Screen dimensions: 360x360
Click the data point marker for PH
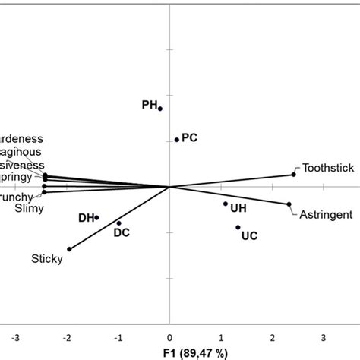click(160, 109)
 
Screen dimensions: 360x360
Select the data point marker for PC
click(177, 139)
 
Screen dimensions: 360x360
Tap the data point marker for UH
click(226, 204)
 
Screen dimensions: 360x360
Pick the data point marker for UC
click(238, 227)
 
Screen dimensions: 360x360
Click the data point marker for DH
click(96, 217)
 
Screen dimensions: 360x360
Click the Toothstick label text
click(327, 168)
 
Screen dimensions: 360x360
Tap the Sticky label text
click(46, 259)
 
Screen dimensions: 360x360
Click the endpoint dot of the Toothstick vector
click(294, 175)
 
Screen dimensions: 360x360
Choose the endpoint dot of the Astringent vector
click(289, 204)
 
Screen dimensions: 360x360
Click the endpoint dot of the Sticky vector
click(70, 248)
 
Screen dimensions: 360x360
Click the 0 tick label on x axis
click(169, 335)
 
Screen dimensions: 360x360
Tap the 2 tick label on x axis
click(272, 335)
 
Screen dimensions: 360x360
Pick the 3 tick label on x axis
click(324, 335)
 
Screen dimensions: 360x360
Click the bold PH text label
click(150, 104)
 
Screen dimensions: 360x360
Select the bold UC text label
click(249, 236)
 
